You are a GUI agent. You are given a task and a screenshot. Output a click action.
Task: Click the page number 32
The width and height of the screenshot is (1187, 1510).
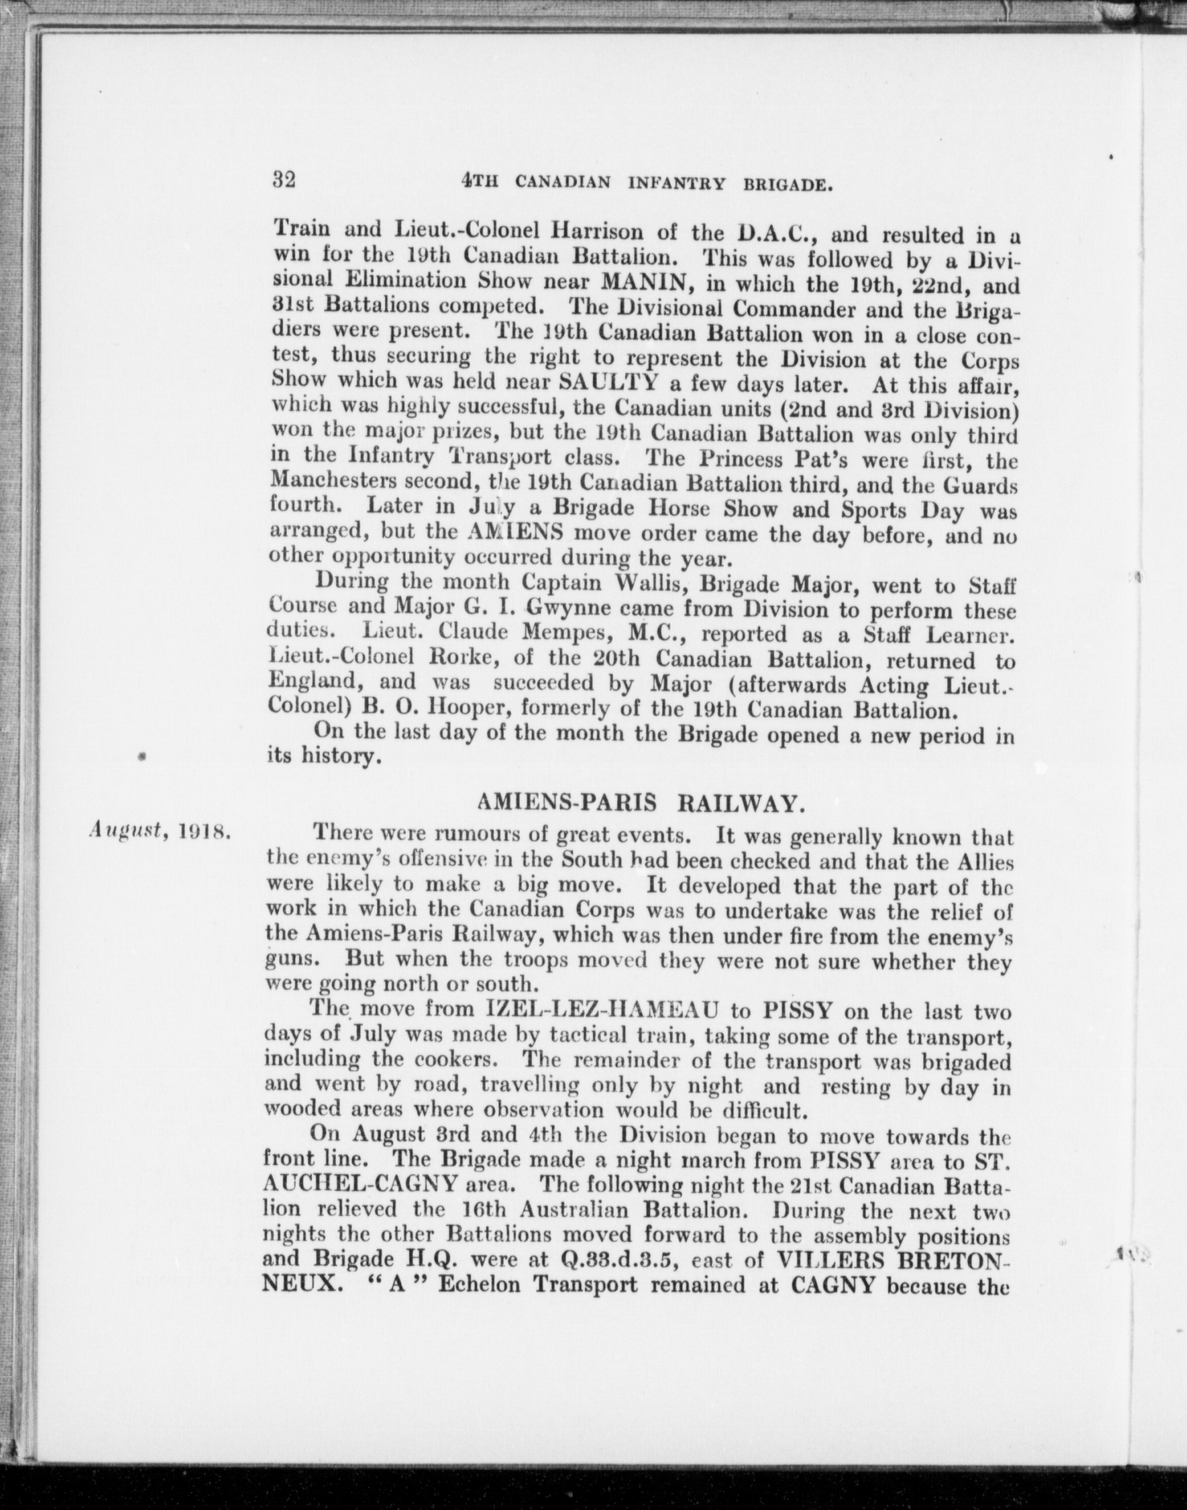pyautogui.click(x=284, y=180)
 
